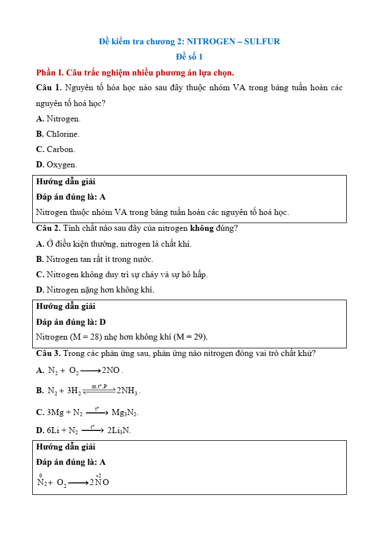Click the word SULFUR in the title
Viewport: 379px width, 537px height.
click(262, 41)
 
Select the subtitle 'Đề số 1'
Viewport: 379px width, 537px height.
click(189, 56)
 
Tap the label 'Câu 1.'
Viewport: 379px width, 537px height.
click(48, 87)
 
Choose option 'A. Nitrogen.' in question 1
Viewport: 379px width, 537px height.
click(58, 119)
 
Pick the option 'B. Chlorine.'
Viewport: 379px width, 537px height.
click(58, 134)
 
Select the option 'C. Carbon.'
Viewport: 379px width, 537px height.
click(56, 149)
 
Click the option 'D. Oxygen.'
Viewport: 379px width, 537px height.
click(57, 165)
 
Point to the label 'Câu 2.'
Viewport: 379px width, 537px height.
click(48, 228)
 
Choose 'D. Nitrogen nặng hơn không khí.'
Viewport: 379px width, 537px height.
click(95, 290)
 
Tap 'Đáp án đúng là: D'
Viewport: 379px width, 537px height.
click(71, 322)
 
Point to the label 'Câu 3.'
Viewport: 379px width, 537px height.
click(48, 353)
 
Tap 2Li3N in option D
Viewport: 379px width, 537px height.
click(119, 431)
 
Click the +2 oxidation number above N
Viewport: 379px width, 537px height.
click(98, 476)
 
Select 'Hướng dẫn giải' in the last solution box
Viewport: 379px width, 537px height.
click(66, 447)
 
